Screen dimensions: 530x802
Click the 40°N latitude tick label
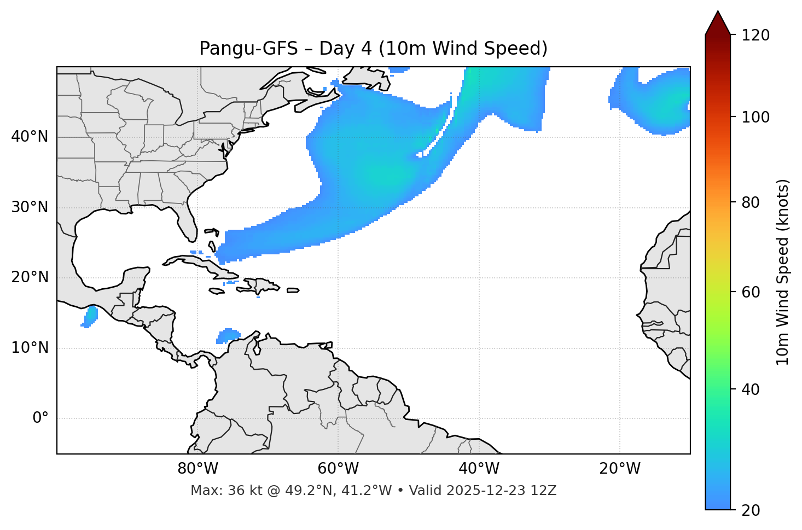tap(30, 137)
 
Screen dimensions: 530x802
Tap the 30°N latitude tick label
tap(30, 207)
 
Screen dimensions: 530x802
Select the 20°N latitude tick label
tap(30, 277)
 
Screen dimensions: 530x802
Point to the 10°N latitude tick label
tap(30, 348)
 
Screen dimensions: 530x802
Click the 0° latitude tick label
tap(40, 418)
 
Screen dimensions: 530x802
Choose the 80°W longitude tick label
tap(197, 469)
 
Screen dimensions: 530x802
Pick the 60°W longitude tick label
tap(338, 469)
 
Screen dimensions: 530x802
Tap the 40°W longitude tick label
tap(479, 469)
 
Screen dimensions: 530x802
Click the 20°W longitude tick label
tap(620, 469)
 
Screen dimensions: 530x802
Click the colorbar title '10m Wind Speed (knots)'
tap(783, 272)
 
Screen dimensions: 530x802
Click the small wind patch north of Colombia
tap(228, 335)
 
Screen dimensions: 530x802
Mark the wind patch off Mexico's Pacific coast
tap(90, 316)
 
